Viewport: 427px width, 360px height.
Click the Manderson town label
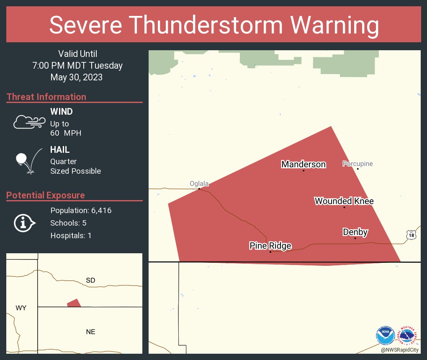pos(303,164)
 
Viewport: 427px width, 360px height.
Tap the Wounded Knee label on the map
pos(344,201)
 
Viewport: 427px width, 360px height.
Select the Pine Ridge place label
pos(270,246)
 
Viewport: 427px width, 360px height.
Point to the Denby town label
pos(355,232)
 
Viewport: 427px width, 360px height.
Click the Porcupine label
pos(357,164)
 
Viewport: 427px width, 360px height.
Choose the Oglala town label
pos(199,183)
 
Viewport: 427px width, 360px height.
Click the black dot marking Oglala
pos(199,188)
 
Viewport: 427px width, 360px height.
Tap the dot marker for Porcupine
pos(358,169)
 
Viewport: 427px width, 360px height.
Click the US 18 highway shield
pos(412,235)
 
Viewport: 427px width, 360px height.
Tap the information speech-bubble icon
pos(24,223)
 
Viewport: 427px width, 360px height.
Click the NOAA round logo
pos(385,335)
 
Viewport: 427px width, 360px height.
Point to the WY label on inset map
pos(21,308)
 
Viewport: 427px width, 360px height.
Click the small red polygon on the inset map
pos(74,303)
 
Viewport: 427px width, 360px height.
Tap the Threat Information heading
pos(46,97)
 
